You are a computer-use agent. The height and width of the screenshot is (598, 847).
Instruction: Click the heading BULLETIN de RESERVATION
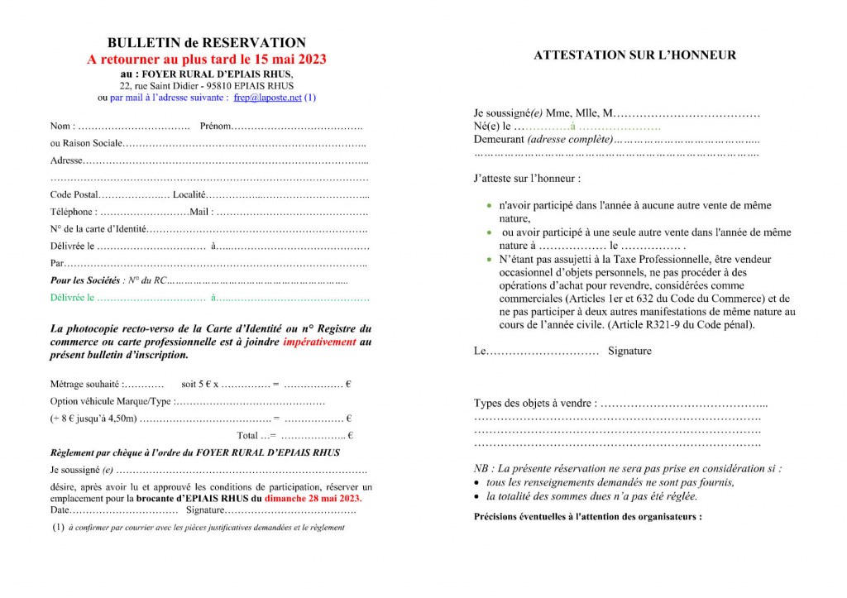pos(206,43)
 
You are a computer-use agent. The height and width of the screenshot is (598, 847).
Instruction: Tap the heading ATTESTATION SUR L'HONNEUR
pos(634,55)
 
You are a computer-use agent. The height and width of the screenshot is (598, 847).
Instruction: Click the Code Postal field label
pos(74,194)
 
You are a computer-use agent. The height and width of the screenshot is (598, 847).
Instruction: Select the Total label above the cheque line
pos(249,435)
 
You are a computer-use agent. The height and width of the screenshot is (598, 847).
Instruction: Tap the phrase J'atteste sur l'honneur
pos(526,178)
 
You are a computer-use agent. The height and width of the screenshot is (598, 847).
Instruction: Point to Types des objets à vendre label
pos(534,404)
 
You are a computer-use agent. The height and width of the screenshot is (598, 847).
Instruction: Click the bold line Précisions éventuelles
pos(587,517)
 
